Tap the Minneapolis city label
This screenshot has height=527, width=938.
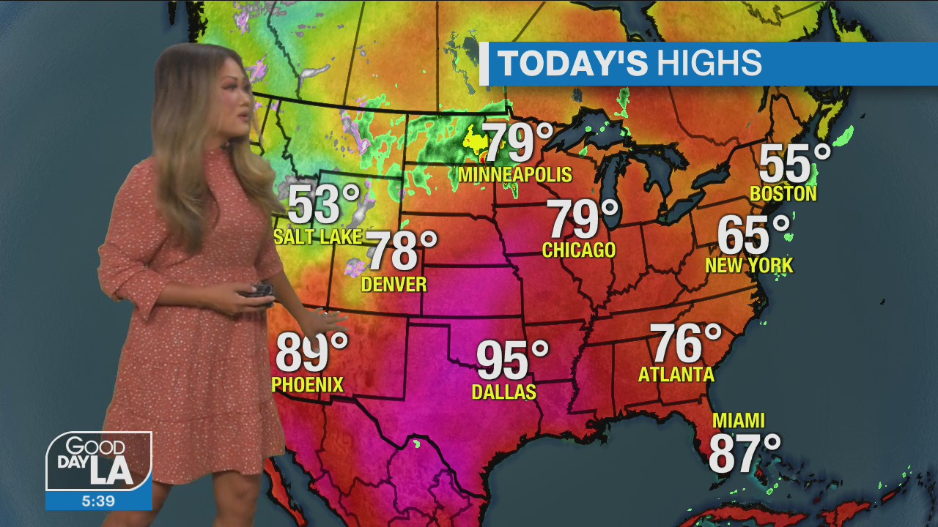click(514, 175)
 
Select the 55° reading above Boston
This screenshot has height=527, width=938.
click(794, 164)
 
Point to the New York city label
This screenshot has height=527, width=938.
click(749, 265)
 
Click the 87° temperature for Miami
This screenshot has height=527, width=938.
click(744, 454)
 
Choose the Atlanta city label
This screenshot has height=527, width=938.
click(676, 375)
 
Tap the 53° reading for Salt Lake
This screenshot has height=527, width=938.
click(323, 205)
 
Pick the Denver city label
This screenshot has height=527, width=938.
click(394, 284)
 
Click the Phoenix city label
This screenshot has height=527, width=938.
click(307, 384)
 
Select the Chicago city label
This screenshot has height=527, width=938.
click(578, 250)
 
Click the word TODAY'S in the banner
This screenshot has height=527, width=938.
click(572, 64)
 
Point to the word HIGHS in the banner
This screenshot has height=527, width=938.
click(709, 64)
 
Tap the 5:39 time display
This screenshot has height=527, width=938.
click(99, 501)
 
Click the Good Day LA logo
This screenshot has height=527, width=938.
click(99, 461)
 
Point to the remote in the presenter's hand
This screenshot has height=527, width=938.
click(256, 291)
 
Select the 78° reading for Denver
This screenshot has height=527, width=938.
click(400, 251)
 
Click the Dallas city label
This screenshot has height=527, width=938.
click(503, 392)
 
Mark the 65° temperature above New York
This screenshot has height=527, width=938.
click(753, 235)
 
